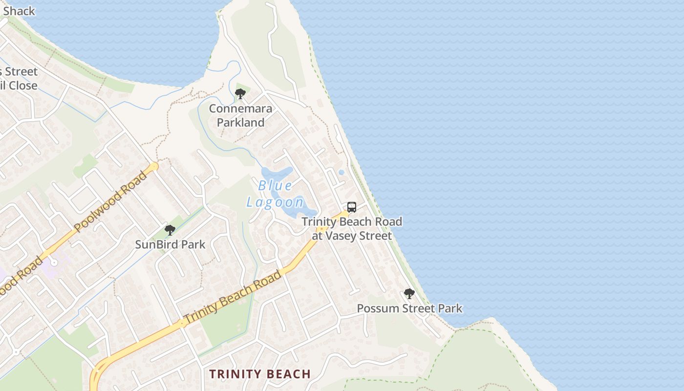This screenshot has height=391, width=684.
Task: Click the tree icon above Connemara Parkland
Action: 240,94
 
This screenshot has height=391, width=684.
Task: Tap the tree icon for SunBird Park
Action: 170,230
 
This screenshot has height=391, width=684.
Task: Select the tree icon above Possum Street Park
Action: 409,294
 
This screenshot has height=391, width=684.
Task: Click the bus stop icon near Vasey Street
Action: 352,207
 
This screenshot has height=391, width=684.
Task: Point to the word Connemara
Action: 240,109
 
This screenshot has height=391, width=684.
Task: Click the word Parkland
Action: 240,122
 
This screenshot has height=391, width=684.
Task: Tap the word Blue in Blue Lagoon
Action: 275,186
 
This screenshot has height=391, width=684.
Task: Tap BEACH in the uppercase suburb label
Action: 289,374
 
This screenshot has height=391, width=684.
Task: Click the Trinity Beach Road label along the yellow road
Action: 233,297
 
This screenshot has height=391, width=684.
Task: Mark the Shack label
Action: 19,11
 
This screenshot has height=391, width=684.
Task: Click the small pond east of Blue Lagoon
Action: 341,172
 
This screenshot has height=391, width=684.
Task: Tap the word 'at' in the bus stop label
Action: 318,236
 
